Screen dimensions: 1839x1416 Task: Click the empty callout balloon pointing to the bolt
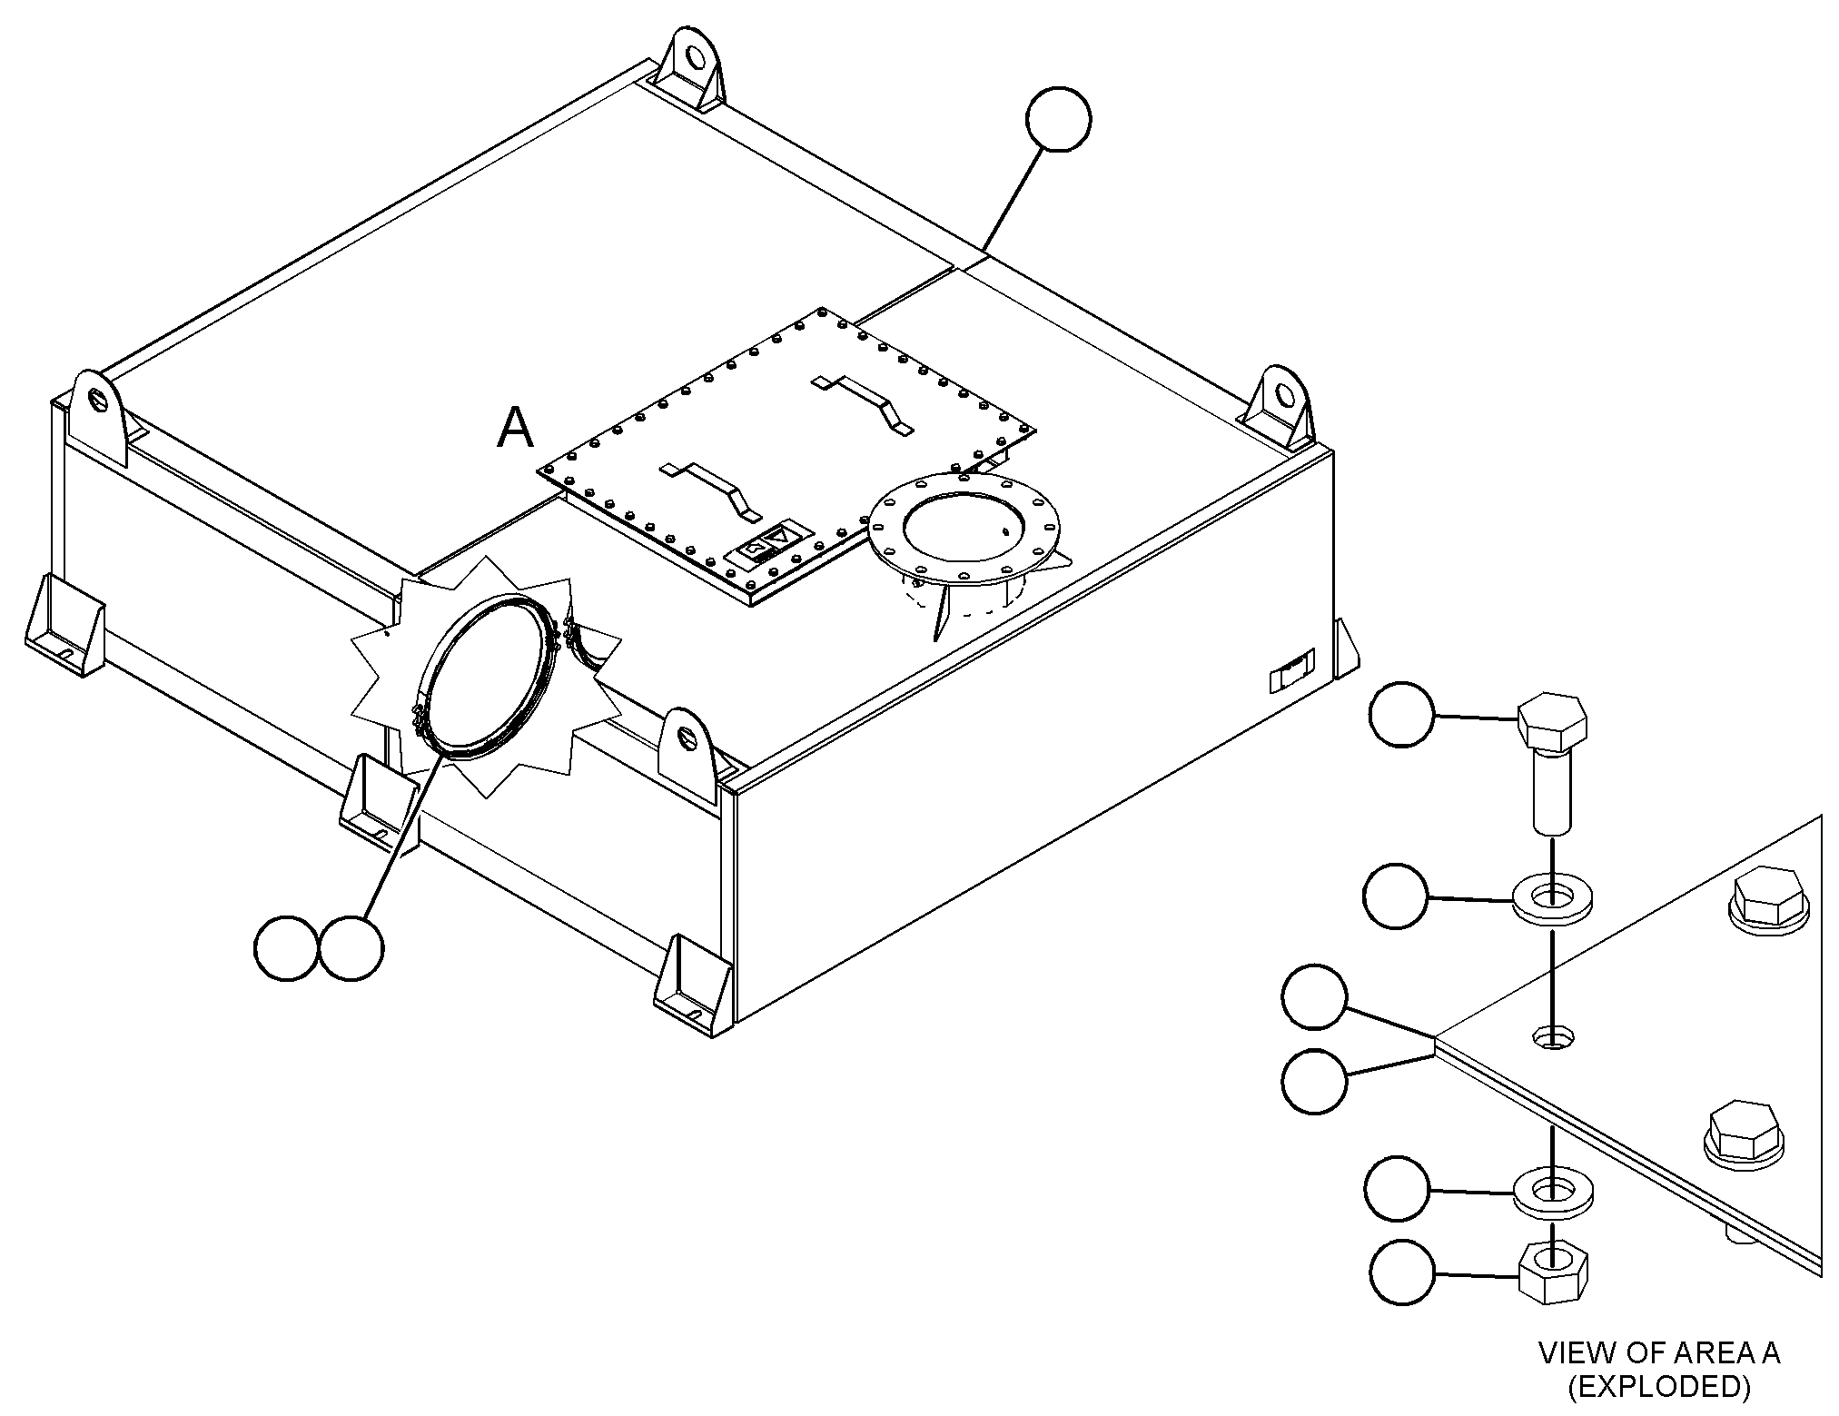(1401, 715)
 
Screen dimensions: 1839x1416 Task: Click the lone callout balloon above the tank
(1058, 118)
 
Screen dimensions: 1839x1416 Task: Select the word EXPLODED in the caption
(1658, 1386)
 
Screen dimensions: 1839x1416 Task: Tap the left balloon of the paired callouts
(287, 947)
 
